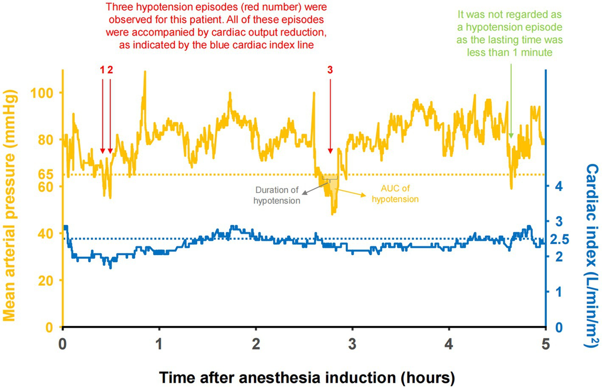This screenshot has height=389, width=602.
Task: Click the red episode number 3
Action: coord(330,70)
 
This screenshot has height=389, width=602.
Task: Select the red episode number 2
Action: coord(110,70)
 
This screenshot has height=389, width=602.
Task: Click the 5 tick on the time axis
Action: coord(546,346)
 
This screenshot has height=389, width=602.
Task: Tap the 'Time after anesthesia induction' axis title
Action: coord(307,375)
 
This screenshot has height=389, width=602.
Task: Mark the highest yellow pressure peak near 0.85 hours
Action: coord(145,72)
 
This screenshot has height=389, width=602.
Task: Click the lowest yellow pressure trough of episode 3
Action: coord(332,214)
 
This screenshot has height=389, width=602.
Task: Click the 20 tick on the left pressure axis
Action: coord(48,281)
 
